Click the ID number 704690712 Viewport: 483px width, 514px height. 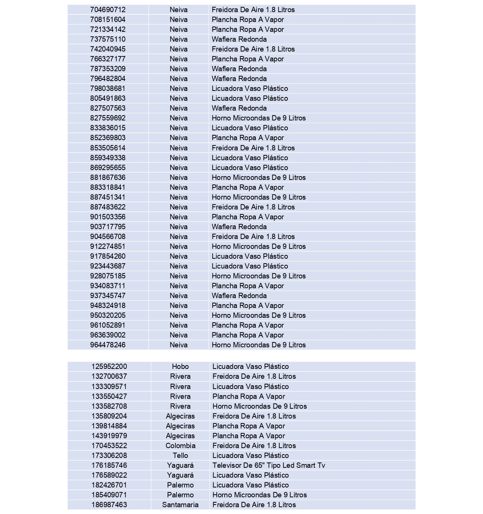[x=108, y=9]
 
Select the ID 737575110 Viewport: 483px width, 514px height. [x=108, y=39]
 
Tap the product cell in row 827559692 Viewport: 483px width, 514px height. [x=258, y=118]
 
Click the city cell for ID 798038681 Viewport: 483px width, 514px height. [x=178, y=88]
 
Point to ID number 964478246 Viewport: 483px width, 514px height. [x=108, y=345]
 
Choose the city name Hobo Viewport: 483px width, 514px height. [x=180, y=366]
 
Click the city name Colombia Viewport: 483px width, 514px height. [x=180, y=445]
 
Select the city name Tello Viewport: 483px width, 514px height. [x=180, y=455]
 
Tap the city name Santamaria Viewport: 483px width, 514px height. [x=180, y=505]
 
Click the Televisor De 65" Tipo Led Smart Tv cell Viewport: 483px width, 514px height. [x=269, y=465]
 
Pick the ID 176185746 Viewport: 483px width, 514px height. [x=109, y=465]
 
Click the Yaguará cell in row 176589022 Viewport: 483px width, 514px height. [x=180, y=475]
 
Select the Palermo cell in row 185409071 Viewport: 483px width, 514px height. [x=180, y=495]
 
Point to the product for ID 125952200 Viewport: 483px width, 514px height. [x=250, y=366]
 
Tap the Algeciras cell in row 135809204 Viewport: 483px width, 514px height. [x=180, y=416]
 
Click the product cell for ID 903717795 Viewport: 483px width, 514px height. [x=239, y=227]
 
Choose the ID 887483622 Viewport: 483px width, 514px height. [x=108, y=207]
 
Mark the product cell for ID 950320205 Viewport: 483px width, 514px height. [x=258, y=315]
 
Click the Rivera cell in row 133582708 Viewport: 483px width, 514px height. [x=180, y=406]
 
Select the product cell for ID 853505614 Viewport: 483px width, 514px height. [x=253, y=148]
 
